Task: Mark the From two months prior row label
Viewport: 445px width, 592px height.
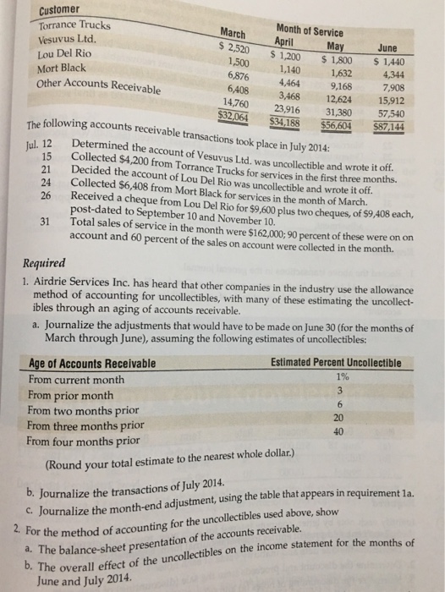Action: tap(81, 411)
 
